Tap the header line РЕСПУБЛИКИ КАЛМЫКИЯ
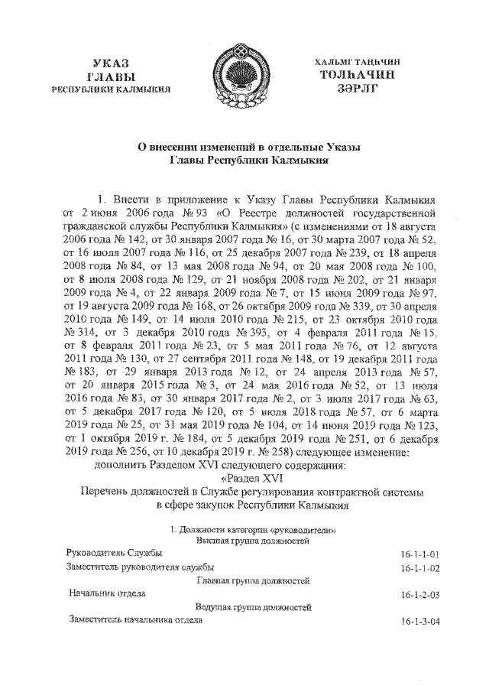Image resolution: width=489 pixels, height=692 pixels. pos(112,90)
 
